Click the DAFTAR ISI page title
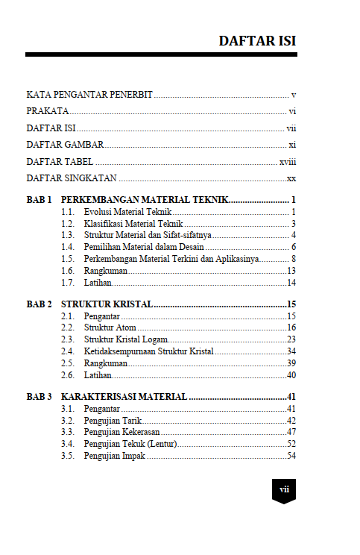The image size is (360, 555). coord(257,40)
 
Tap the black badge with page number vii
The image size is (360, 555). coord(284,490)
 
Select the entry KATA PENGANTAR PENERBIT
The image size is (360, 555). coord(89,95)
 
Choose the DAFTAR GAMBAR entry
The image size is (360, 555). coord(65,145)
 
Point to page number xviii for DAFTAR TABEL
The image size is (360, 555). coord(288,161)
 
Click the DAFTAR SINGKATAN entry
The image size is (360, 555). coord(72,178)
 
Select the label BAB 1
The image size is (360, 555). coord(39,201)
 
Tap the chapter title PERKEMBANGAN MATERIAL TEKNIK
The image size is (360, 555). coord(145,201)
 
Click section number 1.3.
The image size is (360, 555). coord(68,235)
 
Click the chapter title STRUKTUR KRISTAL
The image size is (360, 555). coord(107,304)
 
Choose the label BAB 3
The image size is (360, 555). coord(39,396)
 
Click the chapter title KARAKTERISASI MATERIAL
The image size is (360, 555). coord(124,396)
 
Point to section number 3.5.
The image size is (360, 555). coord(68,455)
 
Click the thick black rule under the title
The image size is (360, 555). coord(161,54)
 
